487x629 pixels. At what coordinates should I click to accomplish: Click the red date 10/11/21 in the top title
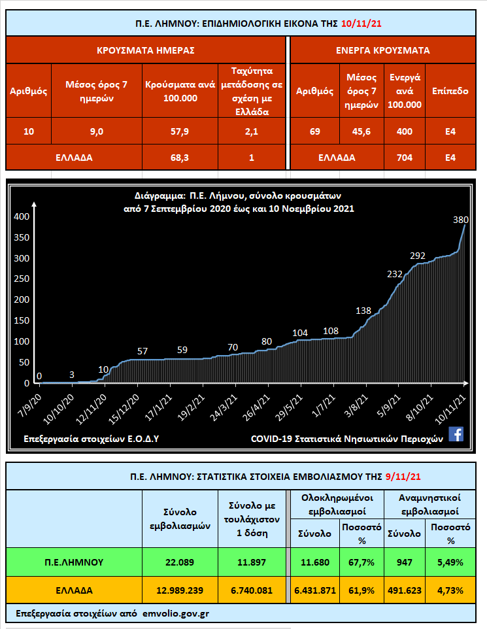point(362,24)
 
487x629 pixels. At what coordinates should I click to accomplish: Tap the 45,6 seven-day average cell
point(358,131)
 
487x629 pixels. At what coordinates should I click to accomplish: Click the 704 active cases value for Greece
point(404,157)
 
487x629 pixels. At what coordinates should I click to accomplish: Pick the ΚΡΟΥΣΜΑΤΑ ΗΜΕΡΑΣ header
point(146,50)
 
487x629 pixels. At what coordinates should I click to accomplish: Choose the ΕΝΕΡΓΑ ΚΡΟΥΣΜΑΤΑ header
point(382,50)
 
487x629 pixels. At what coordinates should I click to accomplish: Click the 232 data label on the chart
point(395,274)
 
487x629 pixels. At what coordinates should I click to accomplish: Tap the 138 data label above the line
point(363,310)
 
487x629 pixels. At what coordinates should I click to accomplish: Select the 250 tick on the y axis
point(22,279)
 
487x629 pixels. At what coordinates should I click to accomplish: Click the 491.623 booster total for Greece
point(403,590)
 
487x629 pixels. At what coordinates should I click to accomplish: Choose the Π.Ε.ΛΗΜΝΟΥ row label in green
point(74,562)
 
